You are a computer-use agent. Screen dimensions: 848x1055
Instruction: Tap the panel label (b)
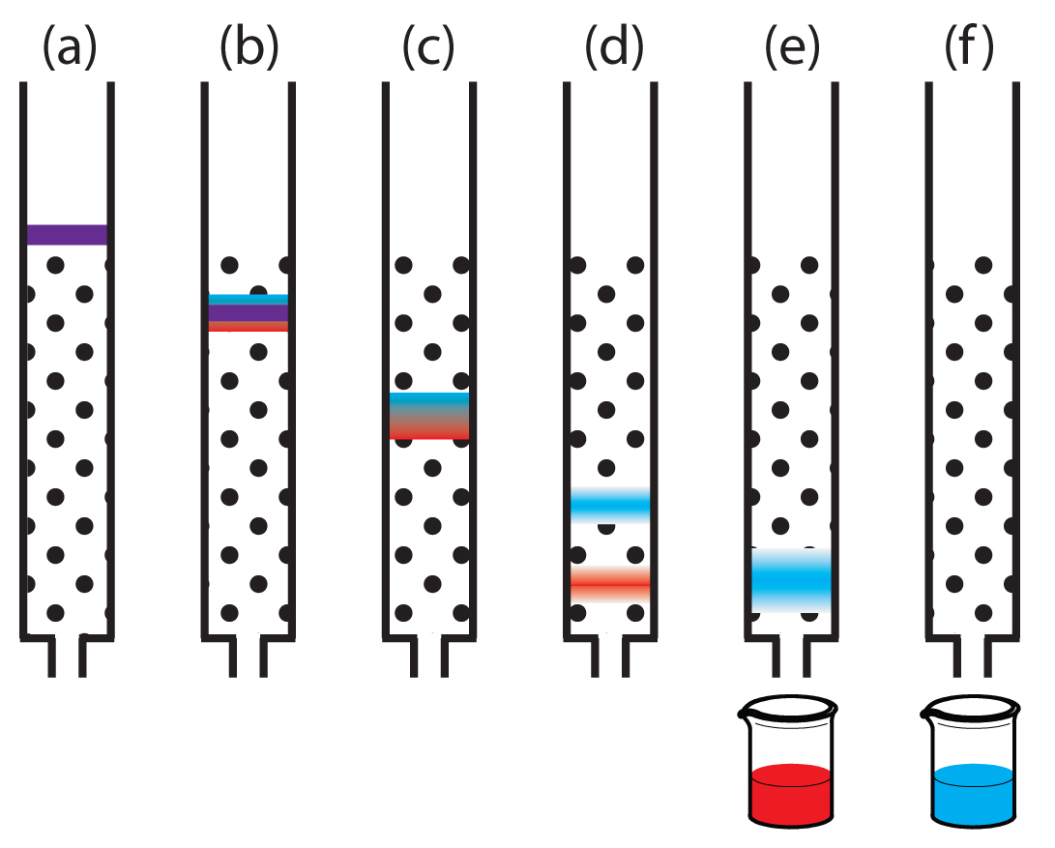[248, 49]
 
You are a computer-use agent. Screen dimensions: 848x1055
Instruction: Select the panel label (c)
[428, 49]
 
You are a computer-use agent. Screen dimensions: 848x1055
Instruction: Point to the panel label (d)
[610, 49]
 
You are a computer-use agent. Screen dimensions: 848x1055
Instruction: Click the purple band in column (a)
[66, 234]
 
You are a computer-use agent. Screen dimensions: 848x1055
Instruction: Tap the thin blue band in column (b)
[248, 299]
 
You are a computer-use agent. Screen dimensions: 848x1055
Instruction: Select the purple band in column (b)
[248, 313]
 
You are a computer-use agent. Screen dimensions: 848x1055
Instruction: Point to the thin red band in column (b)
[248, 327]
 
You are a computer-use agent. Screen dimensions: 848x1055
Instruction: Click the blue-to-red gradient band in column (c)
[429, 416]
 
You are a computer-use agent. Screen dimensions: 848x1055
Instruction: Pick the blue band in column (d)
[610, 505]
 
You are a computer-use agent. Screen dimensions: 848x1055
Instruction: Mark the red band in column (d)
[610, 584]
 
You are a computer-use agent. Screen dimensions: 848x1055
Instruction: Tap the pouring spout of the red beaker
[743, 715]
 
